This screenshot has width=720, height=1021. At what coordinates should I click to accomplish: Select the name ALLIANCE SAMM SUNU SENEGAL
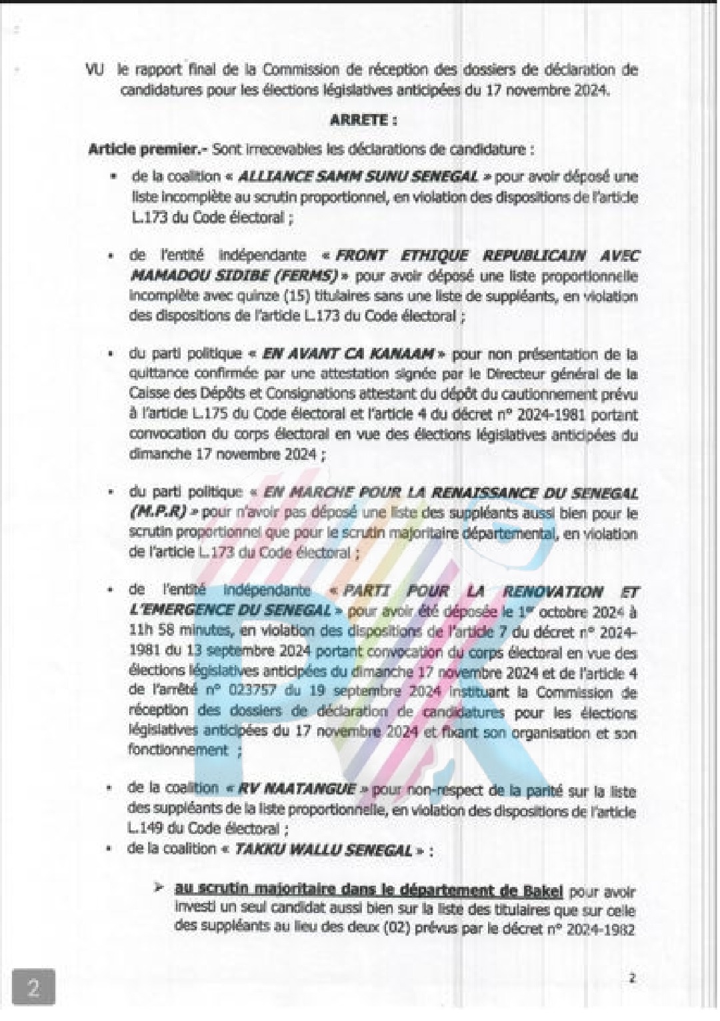click(358, 177)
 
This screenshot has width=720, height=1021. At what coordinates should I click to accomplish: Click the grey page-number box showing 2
click(33, 988)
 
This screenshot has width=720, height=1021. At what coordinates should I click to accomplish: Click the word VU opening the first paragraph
click(95, 70)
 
